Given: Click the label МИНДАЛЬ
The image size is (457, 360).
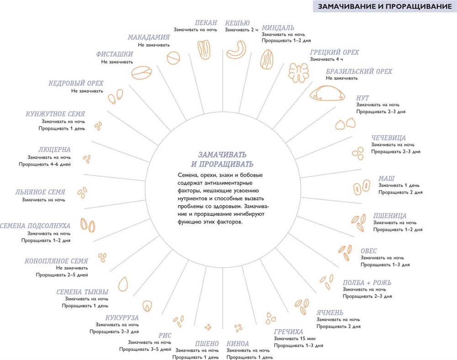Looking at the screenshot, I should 278,28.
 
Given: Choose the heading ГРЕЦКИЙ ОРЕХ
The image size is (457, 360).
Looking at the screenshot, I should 335,53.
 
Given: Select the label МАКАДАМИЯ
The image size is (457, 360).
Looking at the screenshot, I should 149,37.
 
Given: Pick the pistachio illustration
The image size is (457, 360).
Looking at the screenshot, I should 141,73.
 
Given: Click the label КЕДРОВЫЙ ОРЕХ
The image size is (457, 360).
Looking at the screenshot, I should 76,83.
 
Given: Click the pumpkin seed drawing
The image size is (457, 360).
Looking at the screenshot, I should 123,283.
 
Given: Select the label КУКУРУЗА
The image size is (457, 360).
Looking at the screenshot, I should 122,318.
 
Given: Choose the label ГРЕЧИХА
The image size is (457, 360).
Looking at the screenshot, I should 288,332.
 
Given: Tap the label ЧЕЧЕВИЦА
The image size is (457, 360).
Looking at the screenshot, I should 388,138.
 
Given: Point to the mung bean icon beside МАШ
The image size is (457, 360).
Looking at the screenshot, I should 361,187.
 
